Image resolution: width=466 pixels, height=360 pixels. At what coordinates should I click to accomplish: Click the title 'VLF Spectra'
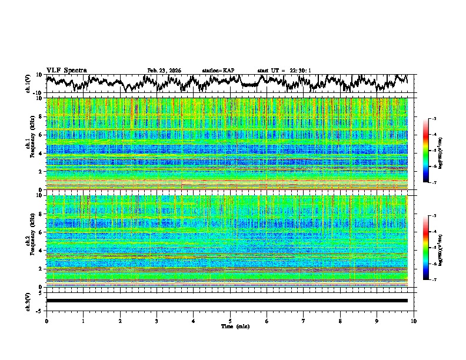(x=66, y=70)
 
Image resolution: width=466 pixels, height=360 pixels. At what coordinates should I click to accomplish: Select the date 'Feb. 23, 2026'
(x=164, y=71)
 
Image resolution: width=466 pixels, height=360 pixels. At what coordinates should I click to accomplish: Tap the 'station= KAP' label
(x=218, y=71)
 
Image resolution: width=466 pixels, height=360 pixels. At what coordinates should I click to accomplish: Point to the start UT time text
(x=284, y=71)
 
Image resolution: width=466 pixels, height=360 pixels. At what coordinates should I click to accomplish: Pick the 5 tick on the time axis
(x=230, y=321)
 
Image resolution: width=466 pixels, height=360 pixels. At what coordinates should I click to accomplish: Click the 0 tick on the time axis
(x=46, y=321)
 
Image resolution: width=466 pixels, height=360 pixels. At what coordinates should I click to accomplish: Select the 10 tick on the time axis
(x=414, y=321)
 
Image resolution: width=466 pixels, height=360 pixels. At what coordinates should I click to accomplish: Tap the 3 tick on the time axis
(x=157, y=321)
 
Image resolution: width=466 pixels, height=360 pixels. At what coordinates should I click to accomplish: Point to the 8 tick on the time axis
(x=340, y=321)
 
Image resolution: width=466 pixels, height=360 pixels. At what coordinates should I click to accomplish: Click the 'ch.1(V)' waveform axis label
(x=28, y=84)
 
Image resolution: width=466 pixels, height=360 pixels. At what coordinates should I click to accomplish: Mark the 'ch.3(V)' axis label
(x=28, y=301)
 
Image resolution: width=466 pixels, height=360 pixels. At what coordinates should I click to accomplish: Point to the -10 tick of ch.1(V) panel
(x=37, y=93)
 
